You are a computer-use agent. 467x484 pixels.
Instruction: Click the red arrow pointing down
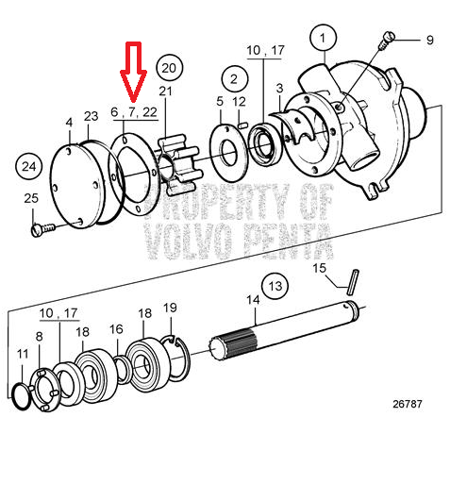[133, 72]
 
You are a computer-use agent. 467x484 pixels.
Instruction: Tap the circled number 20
[169, 68]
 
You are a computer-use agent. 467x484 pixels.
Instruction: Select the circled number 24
[29, 166]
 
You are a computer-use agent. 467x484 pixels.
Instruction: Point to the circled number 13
[275, 286]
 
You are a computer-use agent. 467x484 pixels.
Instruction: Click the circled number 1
[323, 38]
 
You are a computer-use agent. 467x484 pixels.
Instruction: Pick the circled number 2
[234, 78]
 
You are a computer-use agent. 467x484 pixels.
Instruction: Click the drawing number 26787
[408, 404]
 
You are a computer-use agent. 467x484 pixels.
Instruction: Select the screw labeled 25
[42, 229]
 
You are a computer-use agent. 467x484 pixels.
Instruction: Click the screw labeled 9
[386, 40]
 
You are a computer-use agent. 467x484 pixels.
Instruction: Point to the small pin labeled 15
[353, 282]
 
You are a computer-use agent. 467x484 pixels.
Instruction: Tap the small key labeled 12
[242, 125]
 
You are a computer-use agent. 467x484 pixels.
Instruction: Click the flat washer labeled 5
[228, 153]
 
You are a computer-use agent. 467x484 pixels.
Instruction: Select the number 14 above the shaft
[253, 300]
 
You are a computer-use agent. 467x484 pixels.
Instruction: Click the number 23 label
[92, 116]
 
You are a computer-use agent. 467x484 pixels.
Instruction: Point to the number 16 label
[116, 329]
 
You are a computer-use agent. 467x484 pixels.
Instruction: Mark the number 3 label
[279, 89]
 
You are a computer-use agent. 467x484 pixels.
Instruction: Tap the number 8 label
[39, 337]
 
